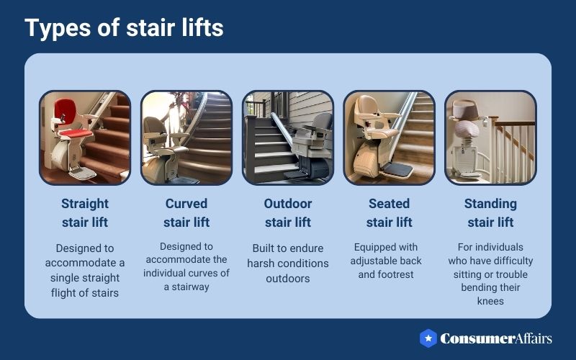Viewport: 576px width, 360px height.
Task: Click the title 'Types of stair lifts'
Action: [x=124, y=28]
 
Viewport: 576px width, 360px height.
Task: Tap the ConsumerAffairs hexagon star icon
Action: [x=429, y=338]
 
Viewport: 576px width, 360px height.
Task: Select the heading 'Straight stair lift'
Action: [x=85, y=212]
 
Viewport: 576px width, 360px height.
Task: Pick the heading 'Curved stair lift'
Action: [x=186, y=212]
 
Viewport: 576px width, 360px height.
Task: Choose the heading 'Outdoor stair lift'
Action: [x=287, y=212]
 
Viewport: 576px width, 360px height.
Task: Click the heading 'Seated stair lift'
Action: [x=389, y=212]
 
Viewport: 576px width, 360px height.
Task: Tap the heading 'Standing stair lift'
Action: [x=490, y=212]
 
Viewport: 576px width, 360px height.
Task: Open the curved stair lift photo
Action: [x=186, y=137]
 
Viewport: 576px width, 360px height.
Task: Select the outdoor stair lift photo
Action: [x=287, y=137]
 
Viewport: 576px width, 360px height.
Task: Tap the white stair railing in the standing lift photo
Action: [x=515, y=148]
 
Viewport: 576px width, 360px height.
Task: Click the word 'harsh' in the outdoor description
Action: [x=264, y=263]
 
